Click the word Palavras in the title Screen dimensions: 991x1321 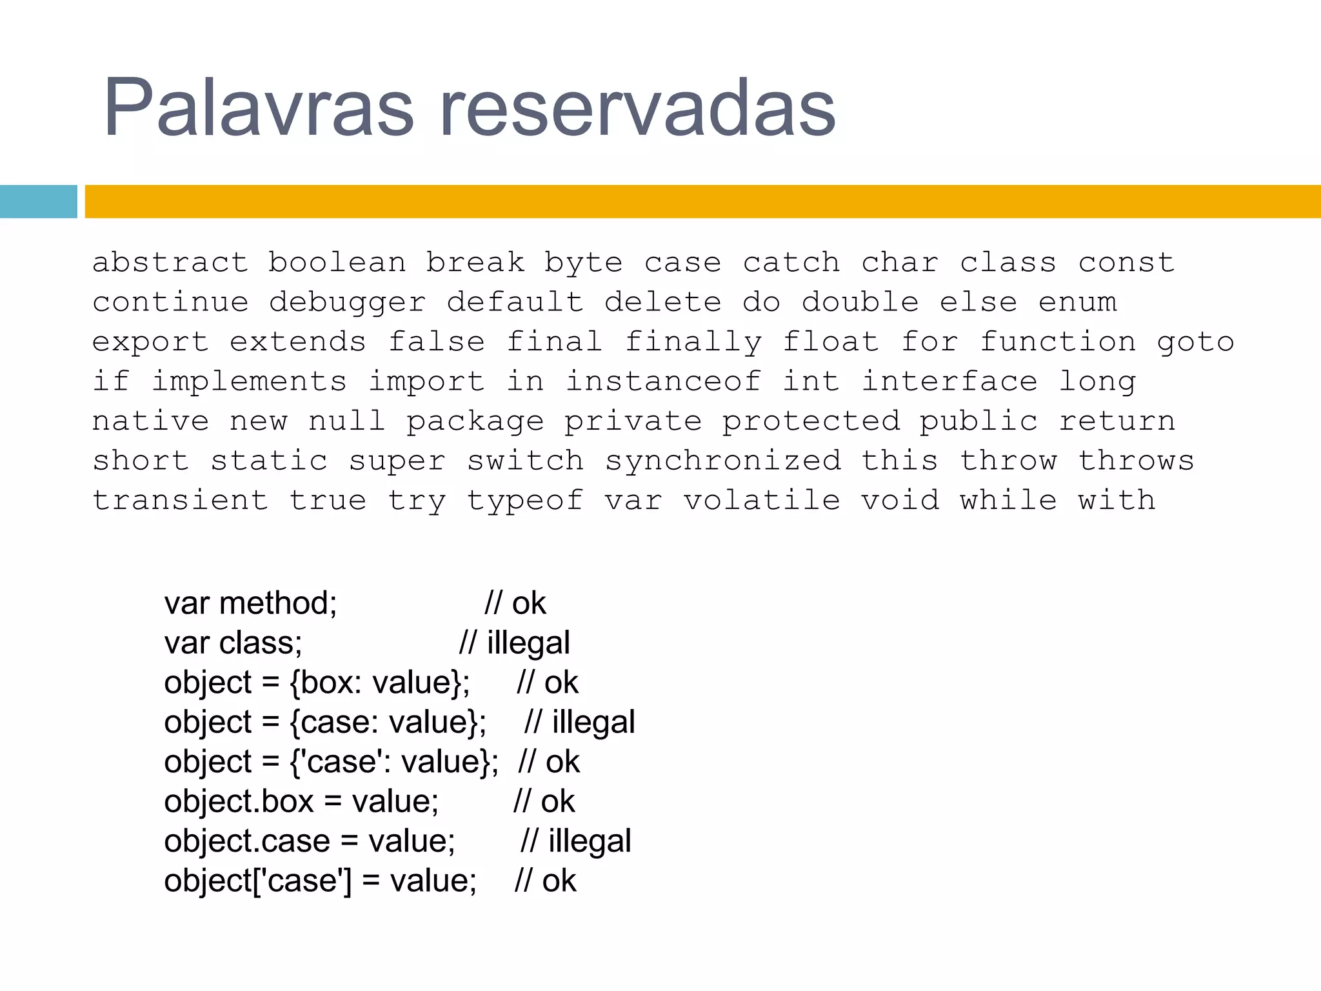[258, 107]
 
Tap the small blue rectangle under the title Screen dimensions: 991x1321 [38, 201]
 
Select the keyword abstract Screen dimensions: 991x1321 [170, 263]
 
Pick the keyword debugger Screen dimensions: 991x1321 [348, 303]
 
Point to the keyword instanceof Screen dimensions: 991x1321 [663, 381]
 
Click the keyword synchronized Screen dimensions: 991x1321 [723, 461]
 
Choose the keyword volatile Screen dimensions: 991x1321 [762, 501]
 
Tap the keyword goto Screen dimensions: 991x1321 [1195, 342]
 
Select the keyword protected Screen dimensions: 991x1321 [811, 421]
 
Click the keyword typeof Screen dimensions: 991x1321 [525, 501]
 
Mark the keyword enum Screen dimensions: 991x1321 [1077, 303]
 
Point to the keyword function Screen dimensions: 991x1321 [1058, 342]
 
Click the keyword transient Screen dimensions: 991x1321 [180, 501]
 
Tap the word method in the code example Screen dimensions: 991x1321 [277, 603]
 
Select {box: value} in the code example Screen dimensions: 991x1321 [379, 683]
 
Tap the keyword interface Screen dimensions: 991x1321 [949, 381]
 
